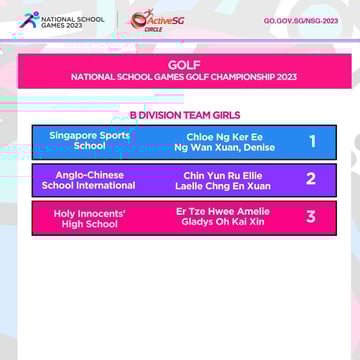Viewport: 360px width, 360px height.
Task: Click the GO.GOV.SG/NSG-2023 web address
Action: point(300,20)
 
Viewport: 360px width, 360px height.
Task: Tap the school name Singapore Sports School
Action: point(89,140)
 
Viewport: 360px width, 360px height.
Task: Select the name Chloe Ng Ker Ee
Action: point(225,135)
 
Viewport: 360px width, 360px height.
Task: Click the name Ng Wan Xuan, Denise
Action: point(225,146)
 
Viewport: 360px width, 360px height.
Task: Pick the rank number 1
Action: point(311,141)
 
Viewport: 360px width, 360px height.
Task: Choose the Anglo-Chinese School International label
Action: point(89,180)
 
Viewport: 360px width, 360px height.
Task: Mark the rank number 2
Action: point(311,180)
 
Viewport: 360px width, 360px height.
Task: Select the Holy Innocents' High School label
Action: point(89,218)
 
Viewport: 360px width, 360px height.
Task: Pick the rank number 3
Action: point(311,217)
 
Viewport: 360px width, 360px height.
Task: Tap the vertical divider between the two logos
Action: point(117,19)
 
